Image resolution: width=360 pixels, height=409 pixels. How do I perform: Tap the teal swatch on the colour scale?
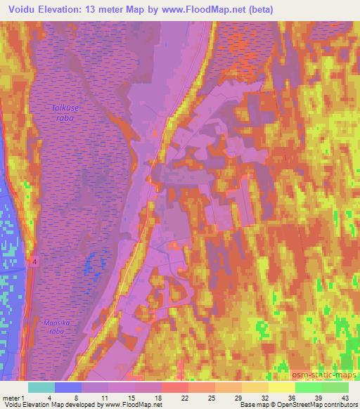[41, 387]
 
